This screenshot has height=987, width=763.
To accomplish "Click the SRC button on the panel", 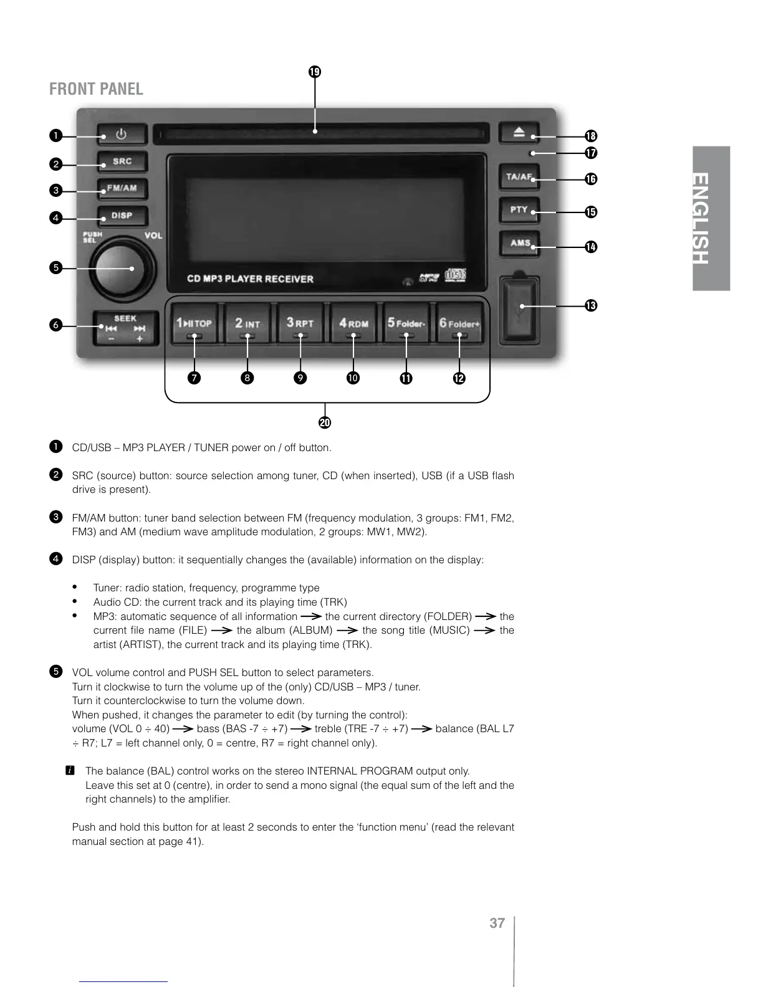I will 122,162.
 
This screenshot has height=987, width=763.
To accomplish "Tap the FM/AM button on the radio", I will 122,189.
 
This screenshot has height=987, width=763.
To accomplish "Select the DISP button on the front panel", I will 122,216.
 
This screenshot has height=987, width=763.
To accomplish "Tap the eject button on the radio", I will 519,133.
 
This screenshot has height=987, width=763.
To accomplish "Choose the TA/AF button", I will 519,177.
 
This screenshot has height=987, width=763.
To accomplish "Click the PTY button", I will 519,210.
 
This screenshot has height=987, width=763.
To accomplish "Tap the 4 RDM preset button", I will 353,324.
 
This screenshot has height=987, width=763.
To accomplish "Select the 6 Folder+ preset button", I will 459,324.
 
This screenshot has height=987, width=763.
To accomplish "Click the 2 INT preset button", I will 247,324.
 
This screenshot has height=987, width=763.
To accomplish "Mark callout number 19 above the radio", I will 315,72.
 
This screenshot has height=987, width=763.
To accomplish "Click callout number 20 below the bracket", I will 325,422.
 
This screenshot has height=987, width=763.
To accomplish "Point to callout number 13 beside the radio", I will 591,305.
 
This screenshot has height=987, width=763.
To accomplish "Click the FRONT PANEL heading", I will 96,89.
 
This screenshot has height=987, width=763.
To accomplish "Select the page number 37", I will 497,923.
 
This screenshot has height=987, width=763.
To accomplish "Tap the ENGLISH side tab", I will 711,218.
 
